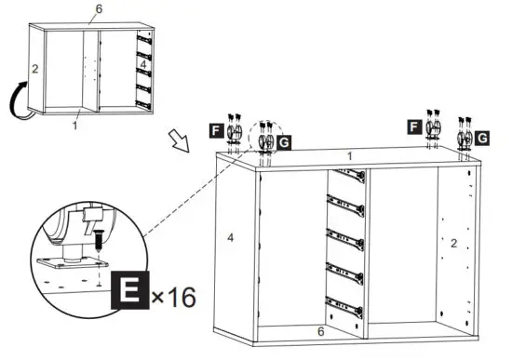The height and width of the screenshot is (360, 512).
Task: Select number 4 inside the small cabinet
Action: tap(103, 64)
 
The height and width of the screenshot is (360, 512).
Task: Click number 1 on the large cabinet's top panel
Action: tap(350, 156)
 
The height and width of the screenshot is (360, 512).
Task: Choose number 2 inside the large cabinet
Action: tap(453, 244)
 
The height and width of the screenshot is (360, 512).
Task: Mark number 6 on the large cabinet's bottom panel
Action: tap(321, 330)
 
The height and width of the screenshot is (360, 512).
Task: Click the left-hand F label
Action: tap(216, 130)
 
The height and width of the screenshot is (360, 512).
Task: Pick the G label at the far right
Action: tap(482, 139)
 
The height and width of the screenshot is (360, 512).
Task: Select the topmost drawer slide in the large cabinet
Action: tap(346, 175)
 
